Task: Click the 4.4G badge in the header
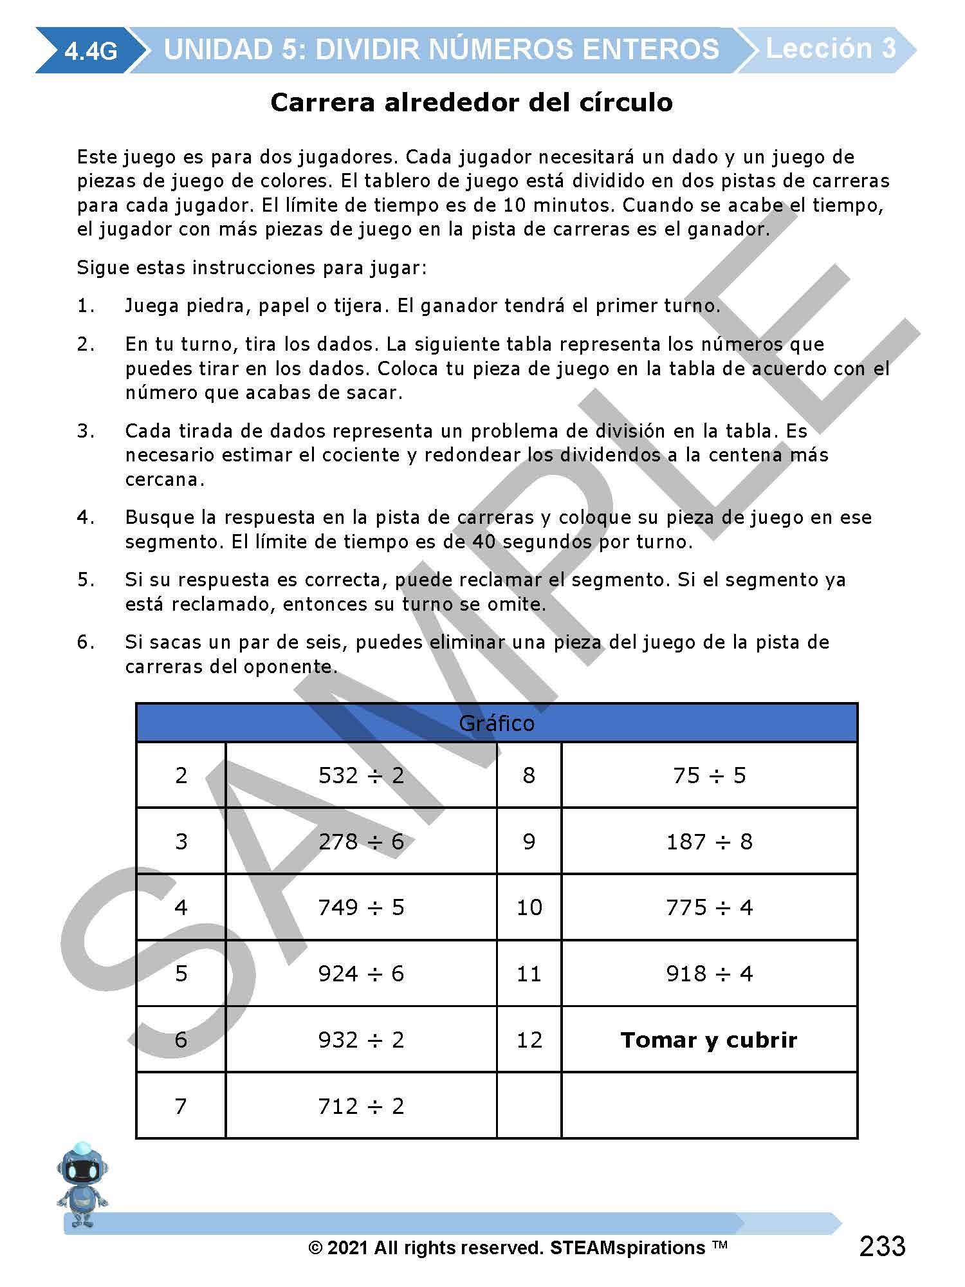pyautogui.click(x=91, y=50)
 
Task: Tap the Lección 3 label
pyautogui.click(x=831, y=49)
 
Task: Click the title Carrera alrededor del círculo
pyautogui.click(x=472, y=102)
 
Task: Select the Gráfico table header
pyautogui.click(x=496, y=723)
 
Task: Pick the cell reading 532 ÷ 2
pyautogui.click(x=361, y=775)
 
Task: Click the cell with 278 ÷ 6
pyautogui.click(x=361, y=842)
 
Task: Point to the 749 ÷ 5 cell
pyautogui.click(x=361, y=907)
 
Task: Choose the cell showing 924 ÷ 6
pyautogui.click(x=361, y=974)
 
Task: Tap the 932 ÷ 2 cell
pyautogui.click(x=361, y=1040)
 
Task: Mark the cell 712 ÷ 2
pyautogui.click(x=361, y=1106)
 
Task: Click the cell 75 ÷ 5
pyautogui.click(x=709, y=775)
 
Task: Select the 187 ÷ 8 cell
pyautogui.click(x=709, y=842)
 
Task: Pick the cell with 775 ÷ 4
pyautogui.click(x=709, y=907)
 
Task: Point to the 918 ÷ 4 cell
pyautogui.click(x=709, y=974)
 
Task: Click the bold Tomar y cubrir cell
pyautogui.click(x=709, y=1040)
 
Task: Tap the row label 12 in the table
pyautogui.click(x=529, y=1040)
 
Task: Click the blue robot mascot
pyautogui.click(x=82, y=1184)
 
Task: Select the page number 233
pyautogui.click(x=882, y=1246)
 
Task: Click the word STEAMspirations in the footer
pyautogui.click(x=627, y=1248)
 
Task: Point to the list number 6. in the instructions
pyautogui.click(x=86, y=642)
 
